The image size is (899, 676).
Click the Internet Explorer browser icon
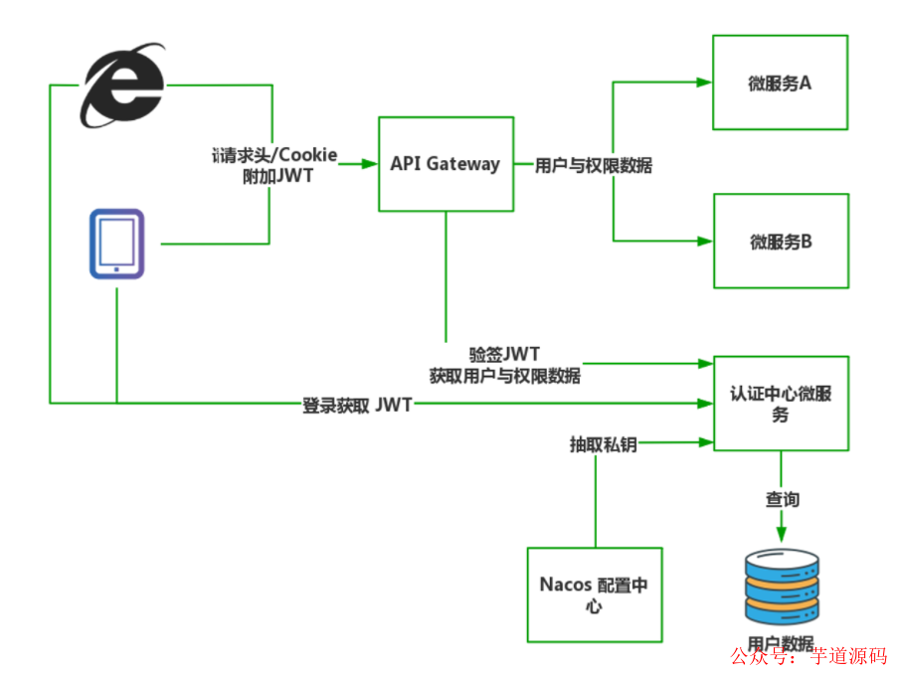(122, 86)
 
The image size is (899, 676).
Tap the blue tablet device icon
(115, 243)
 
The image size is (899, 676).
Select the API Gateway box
(446, 164)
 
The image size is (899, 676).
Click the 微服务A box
(780, 84)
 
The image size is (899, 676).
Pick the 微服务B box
(781, 242)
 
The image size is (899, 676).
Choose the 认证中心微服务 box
(781, 404)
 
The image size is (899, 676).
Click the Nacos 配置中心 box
(594, 593)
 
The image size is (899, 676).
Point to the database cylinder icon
(782, 588)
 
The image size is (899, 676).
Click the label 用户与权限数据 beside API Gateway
(594, 165)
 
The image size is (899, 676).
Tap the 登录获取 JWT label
(357, 404)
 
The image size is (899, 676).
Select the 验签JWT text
(504, 355)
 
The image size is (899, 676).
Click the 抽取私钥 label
(603, 444)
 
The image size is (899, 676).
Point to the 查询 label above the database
(782, 499)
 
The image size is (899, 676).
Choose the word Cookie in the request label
(306, 155)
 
